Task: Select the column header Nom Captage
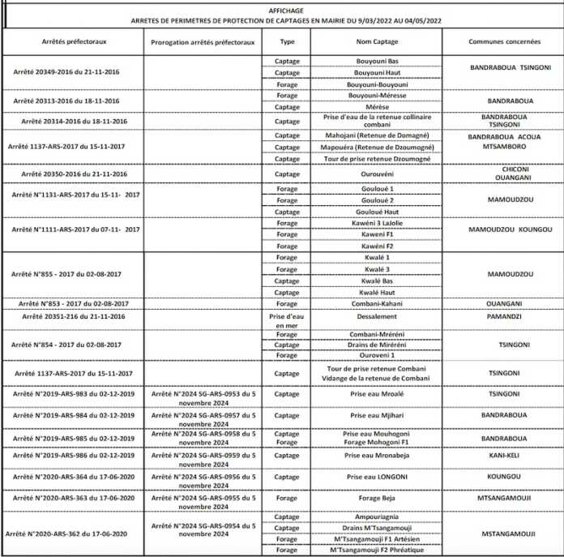375,40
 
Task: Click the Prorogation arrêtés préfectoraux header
203,40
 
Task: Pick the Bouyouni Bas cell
375,62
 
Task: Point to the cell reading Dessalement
375,316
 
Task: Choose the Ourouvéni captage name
375,174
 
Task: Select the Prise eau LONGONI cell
375,477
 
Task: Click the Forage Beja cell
375,499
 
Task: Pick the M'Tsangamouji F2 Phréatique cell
375,550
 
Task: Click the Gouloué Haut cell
375,211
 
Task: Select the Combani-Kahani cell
375,303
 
